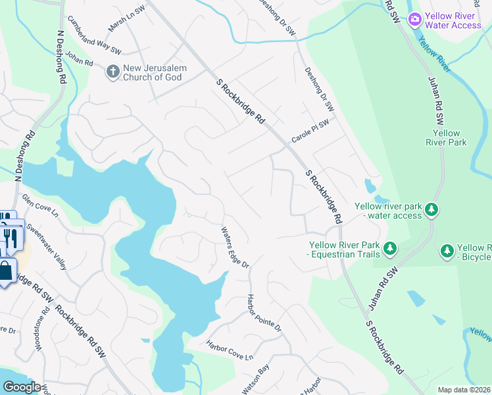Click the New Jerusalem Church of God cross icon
click(112, 71)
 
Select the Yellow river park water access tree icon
click(431, 209)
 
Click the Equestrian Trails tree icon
click(391, 248)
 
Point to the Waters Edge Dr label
click(235, 248)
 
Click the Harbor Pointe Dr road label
click(264, 312)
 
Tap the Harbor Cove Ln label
click(229, 350)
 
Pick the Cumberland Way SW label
click(94, 42)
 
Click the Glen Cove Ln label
click(40, 205)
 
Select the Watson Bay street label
click(255, 381)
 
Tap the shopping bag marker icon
click(6, 271)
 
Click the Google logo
click(22, 387)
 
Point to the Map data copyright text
click(464, 390)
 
